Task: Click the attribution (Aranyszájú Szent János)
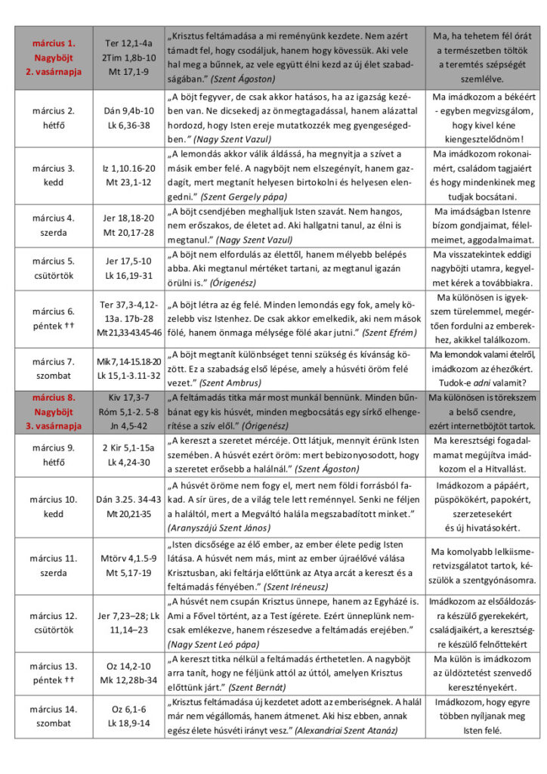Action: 226,526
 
